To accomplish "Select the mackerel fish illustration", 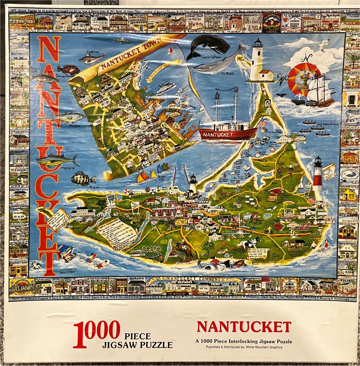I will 57,160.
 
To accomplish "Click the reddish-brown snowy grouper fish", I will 68,69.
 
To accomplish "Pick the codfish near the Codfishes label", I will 92,58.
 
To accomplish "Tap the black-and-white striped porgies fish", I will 83,179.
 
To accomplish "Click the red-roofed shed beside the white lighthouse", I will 266,75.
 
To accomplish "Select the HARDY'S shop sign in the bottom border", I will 136,279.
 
